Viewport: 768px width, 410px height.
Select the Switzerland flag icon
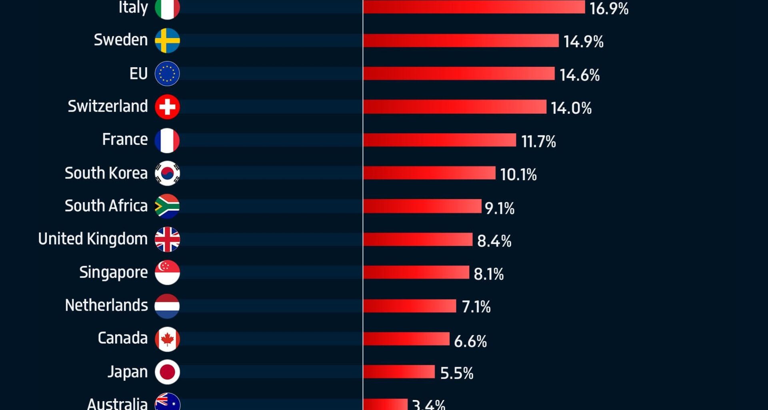click(167, 107)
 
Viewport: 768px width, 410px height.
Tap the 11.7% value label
click(538, 141)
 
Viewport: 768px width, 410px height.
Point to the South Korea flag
click(167, 173)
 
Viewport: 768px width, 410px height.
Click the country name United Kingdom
click(93, 239)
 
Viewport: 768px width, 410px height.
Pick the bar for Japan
click(399, 372)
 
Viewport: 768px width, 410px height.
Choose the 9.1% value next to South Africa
click(499, 208)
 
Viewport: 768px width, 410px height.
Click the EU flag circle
click(167, 74)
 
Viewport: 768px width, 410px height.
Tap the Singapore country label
click(114, 273)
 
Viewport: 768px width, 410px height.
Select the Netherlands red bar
click(410, 306)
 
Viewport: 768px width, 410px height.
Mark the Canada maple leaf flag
click(167, 339)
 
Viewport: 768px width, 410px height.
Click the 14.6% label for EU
click(579, 75)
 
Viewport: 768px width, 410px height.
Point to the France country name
click(125, 140)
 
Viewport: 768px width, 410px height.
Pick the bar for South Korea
click(429, 173)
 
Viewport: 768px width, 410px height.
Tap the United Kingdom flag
click(167, 239)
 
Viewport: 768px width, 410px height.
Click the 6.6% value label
click(470, 341)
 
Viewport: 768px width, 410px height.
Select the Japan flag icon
click(167, 372)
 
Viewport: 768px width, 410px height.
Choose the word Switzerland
click(108, 107)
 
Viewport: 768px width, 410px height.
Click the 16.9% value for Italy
click(609, 9)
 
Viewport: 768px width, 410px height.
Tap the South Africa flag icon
click(167, 206)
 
